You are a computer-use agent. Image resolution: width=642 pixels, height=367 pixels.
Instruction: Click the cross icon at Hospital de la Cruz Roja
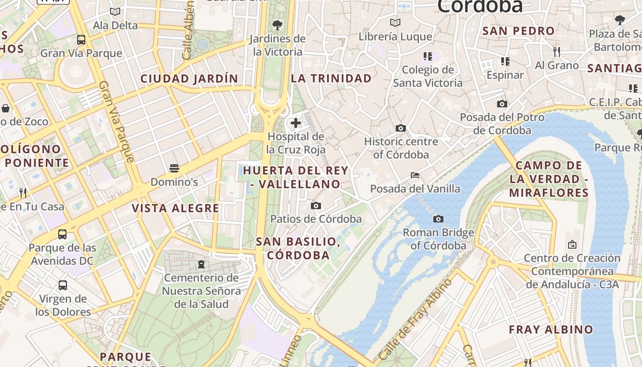pos(296,123)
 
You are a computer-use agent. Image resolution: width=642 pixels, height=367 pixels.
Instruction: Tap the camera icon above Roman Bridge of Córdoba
pos(438,219)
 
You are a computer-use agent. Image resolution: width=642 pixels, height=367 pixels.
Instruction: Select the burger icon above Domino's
pos(174,168)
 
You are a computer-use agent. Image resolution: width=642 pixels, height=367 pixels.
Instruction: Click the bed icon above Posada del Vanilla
pos(415,175)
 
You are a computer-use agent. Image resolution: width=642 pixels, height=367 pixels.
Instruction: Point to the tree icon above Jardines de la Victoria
pos(277,25)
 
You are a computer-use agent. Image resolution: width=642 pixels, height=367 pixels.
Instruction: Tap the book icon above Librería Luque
pos(395,23)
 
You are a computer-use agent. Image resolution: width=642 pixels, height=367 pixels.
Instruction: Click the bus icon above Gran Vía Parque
pos(81,40)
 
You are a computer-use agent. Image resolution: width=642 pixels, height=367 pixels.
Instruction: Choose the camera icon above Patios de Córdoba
pos(316,206)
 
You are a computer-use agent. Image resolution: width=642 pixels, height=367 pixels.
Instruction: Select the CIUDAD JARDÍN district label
pos(189,79)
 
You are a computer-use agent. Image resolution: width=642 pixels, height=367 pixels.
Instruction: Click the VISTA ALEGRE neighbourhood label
pos(176,208)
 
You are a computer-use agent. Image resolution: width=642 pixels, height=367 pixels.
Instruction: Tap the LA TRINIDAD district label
pos(331,78)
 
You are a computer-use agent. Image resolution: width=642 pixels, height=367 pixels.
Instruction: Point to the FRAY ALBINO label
pos(551,329)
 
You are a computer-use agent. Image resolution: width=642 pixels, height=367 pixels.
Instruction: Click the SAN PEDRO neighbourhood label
pos(519,31)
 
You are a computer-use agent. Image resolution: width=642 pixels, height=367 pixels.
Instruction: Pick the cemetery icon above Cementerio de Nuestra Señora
pos(201,264)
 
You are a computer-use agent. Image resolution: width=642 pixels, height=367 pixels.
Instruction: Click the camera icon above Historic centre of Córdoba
pos(401,128)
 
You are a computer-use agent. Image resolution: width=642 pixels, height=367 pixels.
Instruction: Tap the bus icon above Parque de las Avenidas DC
pos(62,234)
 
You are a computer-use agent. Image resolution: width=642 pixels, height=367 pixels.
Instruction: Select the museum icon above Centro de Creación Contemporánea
pos(572,245)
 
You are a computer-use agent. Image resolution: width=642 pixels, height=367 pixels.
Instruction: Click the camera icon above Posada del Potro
pos(502,104)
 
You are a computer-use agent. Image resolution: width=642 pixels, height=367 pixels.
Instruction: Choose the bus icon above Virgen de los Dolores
pos(63,285)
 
